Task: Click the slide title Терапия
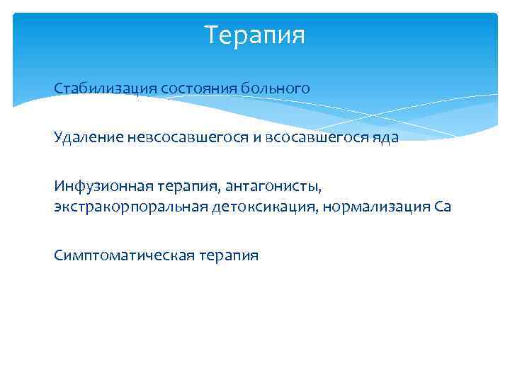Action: point(254,35)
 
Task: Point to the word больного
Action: point(276,89)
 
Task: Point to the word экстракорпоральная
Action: point(129,207)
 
